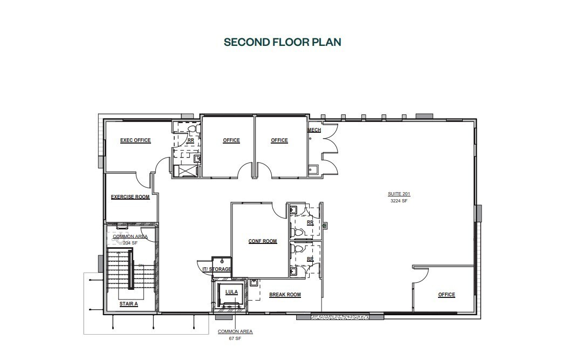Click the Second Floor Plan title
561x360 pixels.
click(282, 42)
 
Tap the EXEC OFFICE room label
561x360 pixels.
click(135, 140)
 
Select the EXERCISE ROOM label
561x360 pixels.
click(130, 197)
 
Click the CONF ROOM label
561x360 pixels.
click(263, 241)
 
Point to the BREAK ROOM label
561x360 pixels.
click(285, 295)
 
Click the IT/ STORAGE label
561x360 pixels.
click(217, 269)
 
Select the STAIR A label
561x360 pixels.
click(128, 304)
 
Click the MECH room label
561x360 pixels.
click(314, 131)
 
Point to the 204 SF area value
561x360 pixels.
click(130, 243)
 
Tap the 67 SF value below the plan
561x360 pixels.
click(235, 338)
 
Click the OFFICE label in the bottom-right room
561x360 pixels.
click(447, 295)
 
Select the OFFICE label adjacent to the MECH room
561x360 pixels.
click(279, 140)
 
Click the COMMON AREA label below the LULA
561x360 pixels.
click(235, 331)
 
